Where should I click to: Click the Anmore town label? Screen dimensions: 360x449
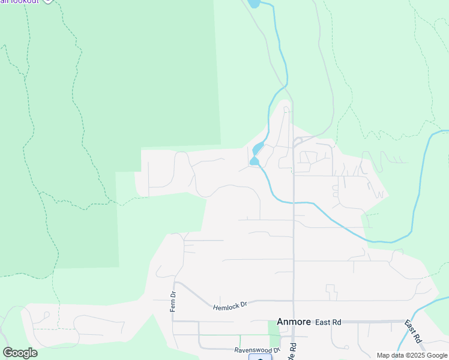pos(294,322)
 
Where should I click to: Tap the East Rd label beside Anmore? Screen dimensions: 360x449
pos(328,322)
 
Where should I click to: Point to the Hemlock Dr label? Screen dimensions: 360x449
pos(230,306)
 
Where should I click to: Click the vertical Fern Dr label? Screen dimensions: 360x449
pos(172,301)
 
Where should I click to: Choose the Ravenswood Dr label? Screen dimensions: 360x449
pos(257,349)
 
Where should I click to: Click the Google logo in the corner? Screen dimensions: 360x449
pos(20,353)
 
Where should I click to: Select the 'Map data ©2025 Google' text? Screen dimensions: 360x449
pos(412,355)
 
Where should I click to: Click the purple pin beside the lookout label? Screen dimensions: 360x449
pos(49,1)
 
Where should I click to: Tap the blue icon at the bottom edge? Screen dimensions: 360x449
pos(260,358)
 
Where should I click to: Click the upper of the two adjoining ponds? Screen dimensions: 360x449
pos(258,149)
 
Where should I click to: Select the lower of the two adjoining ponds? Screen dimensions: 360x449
pos(255,161)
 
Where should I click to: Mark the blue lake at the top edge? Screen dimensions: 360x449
pos(254,3)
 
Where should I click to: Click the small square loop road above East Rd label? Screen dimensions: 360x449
pos(332,292)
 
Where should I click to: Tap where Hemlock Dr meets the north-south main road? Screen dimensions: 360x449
pos(293,301)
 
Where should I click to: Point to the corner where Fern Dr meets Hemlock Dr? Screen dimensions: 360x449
pos(174,282)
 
